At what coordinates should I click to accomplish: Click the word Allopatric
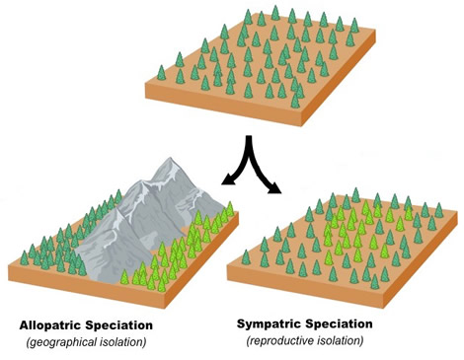tap(50, 324)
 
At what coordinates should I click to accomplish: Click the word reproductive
tap(288, 340)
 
